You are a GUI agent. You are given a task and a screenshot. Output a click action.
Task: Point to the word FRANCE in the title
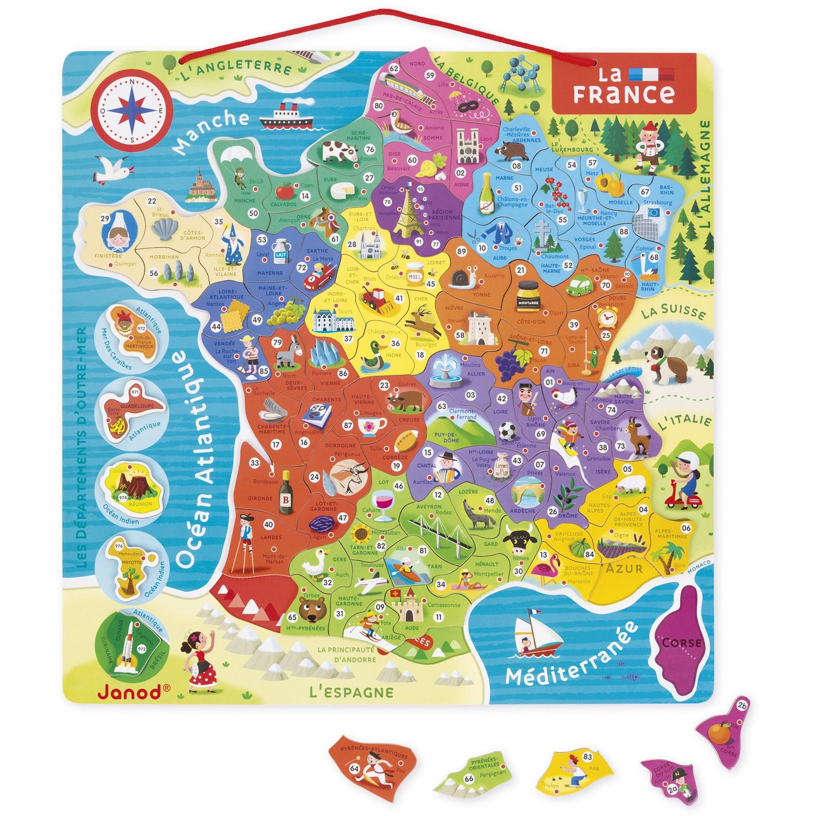(x=624, y=94)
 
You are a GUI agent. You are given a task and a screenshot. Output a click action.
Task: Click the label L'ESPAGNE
(x=344, y=691)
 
